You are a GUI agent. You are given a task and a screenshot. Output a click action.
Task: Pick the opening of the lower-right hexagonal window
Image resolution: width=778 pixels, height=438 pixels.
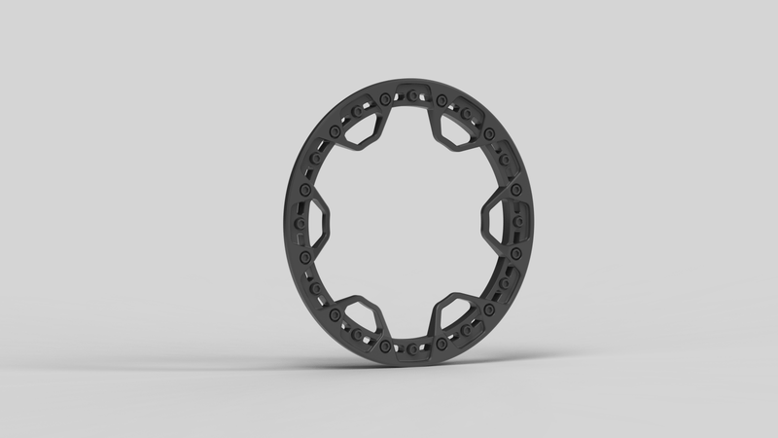[452, 314]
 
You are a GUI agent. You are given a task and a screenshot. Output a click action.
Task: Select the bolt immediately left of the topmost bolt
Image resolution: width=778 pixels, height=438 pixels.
[386, 98]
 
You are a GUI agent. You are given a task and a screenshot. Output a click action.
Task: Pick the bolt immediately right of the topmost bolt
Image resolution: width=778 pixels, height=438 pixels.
[441, 99]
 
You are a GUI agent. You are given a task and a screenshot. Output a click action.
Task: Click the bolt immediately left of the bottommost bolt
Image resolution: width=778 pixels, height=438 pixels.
[386, 344]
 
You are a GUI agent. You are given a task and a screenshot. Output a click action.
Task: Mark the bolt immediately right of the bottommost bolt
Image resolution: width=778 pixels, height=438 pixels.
[440, 344]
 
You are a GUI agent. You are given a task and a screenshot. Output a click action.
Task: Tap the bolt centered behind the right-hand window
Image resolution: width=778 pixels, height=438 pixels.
[516, 222]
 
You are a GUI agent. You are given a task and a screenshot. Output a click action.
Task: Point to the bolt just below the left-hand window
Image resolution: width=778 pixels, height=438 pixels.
[305, 256]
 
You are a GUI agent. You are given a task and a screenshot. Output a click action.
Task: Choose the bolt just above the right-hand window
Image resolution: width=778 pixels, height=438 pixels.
[515, 189]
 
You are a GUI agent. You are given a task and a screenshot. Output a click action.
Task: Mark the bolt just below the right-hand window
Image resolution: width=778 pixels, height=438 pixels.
[513, 256]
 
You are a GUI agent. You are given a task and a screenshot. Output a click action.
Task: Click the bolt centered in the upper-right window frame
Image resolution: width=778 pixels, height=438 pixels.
[466, 114]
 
